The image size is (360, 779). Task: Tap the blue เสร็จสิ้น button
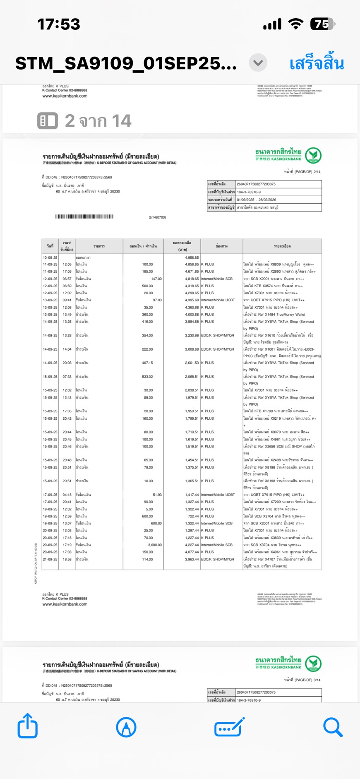[317, 64]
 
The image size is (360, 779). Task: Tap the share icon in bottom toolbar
[28, 726]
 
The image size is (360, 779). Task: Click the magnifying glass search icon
[333, 727]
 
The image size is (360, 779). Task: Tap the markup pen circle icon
[126, 727]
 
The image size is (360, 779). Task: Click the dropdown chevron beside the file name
[258, 63]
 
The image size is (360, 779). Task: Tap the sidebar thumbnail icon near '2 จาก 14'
[48, 121]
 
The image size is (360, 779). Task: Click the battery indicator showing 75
[322, 24]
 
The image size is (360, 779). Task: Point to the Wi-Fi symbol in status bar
[295, 24]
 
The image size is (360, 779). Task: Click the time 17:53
[59, 24]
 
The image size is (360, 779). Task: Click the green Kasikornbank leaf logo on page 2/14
[313, 155]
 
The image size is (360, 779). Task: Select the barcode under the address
[84, 216]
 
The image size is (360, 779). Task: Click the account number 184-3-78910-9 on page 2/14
[249, 192]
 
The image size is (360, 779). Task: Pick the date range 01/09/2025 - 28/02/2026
[256, 200]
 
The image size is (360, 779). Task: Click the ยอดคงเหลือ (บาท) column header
[182, 246]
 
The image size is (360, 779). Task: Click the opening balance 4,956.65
[192, 257]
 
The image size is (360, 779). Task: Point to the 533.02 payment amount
[147, 377]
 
